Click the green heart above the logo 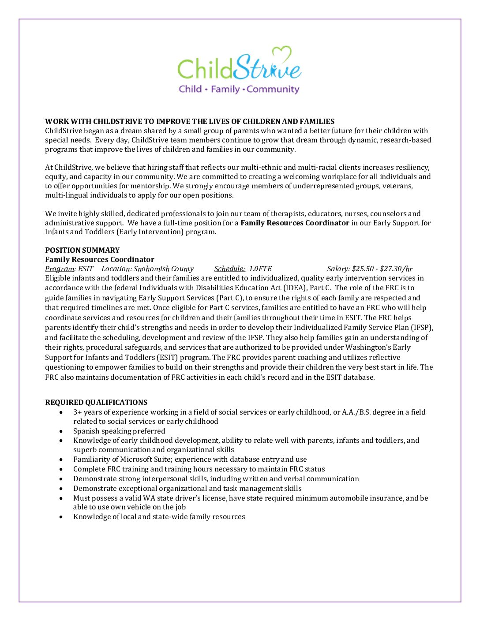click(282, 55)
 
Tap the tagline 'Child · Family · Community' click(239, 89)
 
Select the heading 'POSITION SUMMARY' click(82, 250)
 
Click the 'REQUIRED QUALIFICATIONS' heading click(96, 402)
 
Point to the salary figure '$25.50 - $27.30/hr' click(382, 269)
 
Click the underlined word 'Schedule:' click(229, 269)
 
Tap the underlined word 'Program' click(60, 269)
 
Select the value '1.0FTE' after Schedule click(260, 269)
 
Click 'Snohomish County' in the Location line click(164, 269)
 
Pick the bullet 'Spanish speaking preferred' click(119, 431)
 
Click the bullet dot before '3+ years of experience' click(61, 412)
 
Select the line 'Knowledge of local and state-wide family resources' click(159, 516)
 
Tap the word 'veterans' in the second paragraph click(397, 186)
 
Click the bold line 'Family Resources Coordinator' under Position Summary click(100, 259)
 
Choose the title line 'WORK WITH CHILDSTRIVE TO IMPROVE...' click(190, 121)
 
